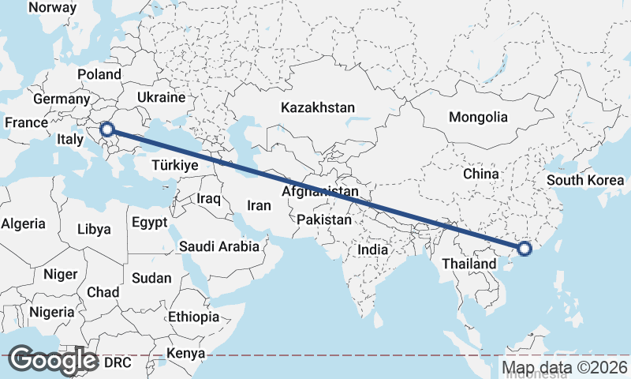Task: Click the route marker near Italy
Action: coord(107,129)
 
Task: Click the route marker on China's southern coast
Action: coord(525,250)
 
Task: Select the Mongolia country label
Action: coord(478,118)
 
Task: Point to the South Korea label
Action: coord(586,180)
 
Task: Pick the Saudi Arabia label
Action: coord(218,246)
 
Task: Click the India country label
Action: coord(372,250)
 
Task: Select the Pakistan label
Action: coord(324,220)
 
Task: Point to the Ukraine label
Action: coord(161,97)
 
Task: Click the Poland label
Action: coord(99,75)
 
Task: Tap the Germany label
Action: coord(62,99)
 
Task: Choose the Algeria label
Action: coord(23,223)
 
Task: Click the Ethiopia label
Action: coord(193,317)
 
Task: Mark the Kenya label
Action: coord(186,353)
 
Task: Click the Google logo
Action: coord(54,359)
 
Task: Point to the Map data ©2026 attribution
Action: coord(565,368)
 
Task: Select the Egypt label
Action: coord(149,223)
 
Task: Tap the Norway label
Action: coord(52,8)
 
